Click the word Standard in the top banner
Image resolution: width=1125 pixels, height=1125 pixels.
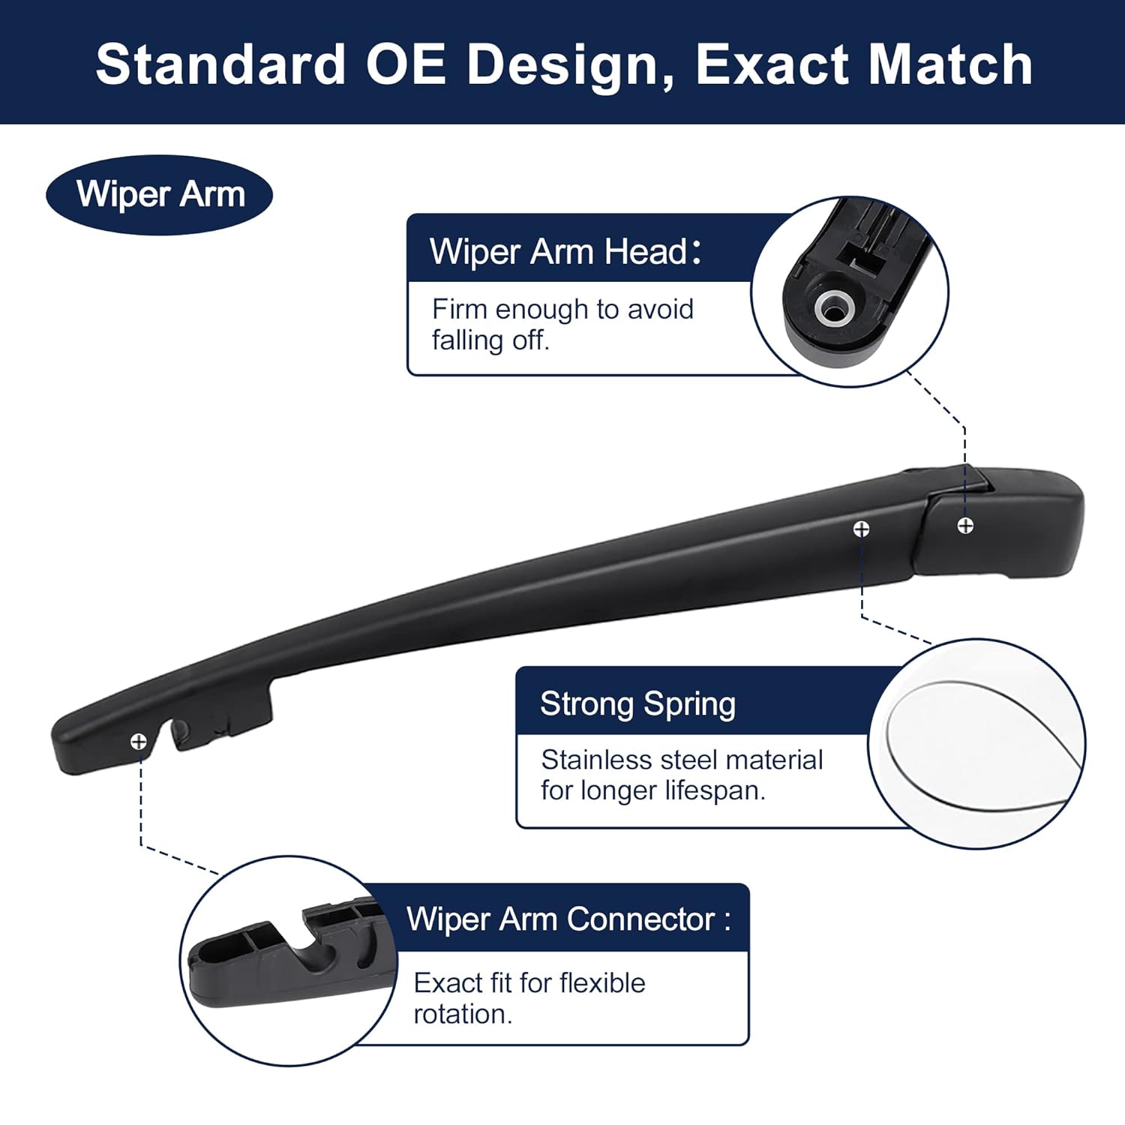tap(220, 64)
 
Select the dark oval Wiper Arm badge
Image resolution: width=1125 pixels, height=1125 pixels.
tap(160, 194)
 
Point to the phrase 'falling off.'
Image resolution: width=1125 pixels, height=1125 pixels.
tap(490, 340)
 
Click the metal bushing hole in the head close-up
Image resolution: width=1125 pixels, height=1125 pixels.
tap(832, 307)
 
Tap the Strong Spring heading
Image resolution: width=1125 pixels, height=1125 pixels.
tap(637, 703)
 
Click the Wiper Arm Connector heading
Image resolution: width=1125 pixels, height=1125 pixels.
tap(568, 919)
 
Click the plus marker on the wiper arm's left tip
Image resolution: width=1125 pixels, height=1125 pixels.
tap(139, 742)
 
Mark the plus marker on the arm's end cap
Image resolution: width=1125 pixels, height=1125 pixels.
tap(965, 526)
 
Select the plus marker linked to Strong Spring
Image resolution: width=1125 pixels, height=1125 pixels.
tap(862, 529)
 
